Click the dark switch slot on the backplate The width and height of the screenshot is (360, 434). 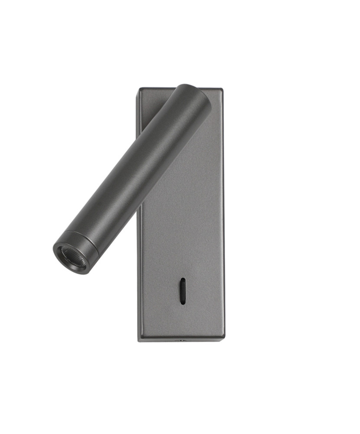183,291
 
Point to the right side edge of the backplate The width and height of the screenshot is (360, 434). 223,217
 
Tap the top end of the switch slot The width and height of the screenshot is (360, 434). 183,280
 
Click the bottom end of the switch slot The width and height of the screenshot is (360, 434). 183,302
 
